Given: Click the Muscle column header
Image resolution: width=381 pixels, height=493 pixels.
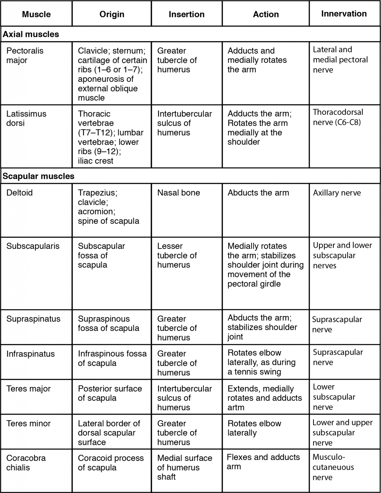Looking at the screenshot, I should [36, 14].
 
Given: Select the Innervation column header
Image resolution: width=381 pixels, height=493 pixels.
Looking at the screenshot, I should [344, 14].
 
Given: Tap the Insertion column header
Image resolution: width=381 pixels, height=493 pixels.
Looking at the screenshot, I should [186, 14].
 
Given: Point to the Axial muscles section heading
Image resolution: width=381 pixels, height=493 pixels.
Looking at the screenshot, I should [31, 34].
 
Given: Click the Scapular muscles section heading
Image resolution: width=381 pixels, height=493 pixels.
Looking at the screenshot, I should [39, 176].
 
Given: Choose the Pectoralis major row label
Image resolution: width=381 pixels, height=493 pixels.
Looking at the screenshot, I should [25, 56].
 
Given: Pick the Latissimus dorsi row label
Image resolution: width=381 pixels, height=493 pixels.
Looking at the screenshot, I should [26, 118].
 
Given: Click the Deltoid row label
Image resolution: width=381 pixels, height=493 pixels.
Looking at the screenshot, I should [20, 193].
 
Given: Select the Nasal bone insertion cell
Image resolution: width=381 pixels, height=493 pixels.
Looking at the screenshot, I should [178, 193].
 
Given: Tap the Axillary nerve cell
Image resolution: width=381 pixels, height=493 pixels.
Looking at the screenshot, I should [337, 193].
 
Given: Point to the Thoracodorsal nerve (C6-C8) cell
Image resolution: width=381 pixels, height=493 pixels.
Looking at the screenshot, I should [338, 117].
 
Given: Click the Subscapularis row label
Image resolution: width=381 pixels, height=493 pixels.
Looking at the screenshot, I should [33, 246].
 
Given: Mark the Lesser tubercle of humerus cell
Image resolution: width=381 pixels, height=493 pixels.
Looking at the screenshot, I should [177, 255].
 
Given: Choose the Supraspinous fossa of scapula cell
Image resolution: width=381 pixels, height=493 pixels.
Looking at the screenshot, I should [108, 324].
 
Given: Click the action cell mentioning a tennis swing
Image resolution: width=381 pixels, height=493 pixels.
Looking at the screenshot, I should [261, 362].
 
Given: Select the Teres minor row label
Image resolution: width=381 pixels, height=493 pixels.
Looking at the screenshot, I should [29, 423].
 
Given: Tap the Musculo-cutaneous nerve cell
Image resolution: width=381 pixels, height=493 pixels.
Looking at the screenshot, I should [333, 467].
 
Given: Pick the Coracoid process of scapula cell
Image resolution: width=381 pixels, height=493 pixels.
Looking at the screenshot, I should [111, 463].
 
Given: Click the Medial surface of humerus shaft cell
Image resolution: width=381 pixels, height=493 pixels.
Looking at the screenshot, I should [185, 467].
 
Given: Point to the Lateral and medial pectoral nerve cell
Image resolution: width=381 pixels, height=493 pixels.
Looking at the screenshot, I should [340, 60].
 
